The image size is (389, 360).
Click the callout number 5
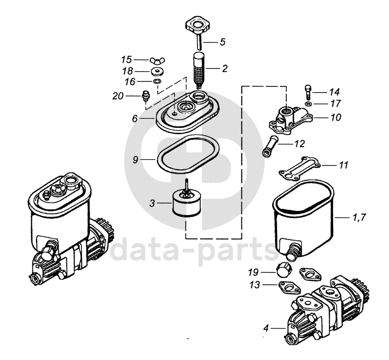(223, 42)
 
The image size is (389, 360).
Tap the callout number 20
(118, 96)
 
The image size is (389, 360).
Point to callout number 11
(343, 165)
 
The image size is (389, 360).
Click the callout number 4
(266, 329)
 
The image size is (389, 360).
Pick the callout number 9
(135, 159)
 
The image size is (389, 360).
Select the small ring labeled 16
(158, 81)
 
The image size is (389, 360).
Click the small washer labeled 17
(308, 104)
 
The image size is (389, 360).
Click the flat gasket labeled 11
(300, 168)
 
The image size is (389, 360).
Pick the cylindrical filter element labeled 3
(186, 204)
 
